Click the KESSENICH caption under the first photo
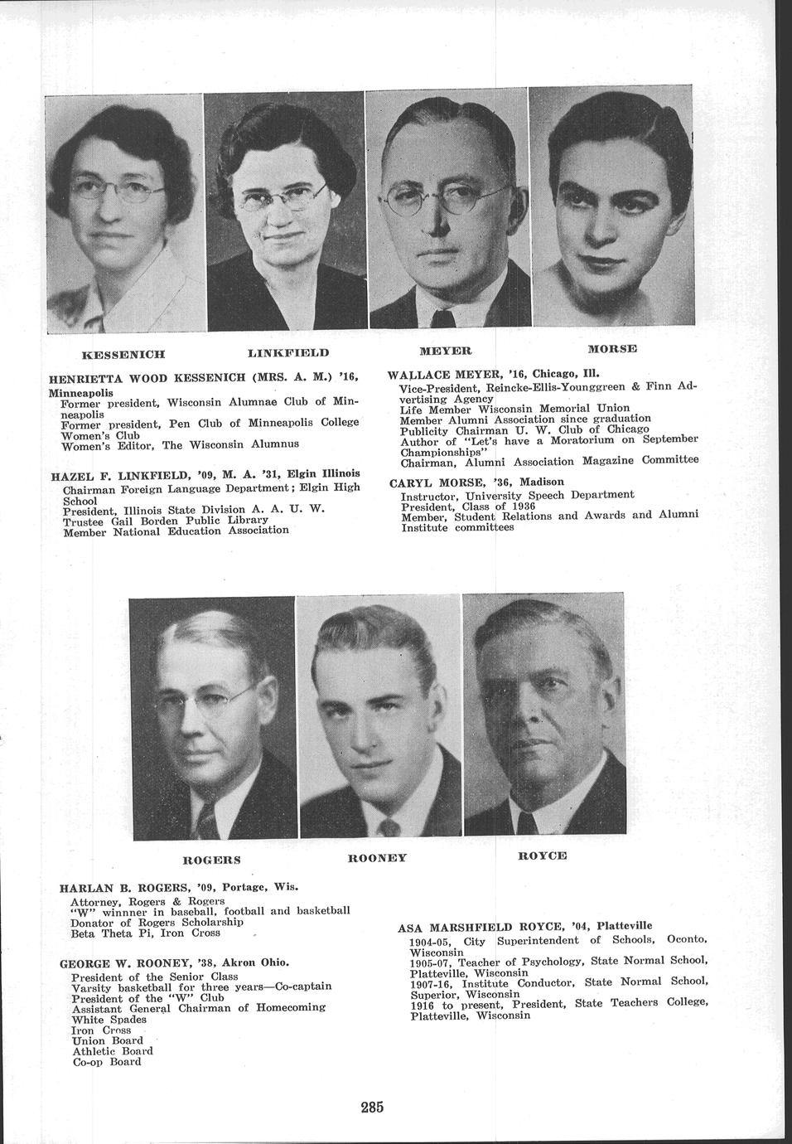[x=122, y=355]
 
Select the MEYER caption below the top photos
[x=445, y=351]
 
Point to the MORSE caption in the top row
[x=612, y=348]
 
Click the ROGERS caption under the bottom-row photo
[x=211, y=860]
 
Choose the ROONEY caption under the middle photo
[x=377, y=858]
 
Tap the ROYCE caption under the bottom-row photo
[x=543, y=855]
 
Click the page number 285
[x=372, y=1108]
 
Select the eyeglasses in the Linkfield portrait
[x=283, y=197]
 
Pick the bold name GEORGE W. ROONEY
[x=125, y=963]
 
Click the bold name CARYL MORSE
[x=435, y=482]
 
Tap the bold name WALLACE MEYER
[x=439, y=373]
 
